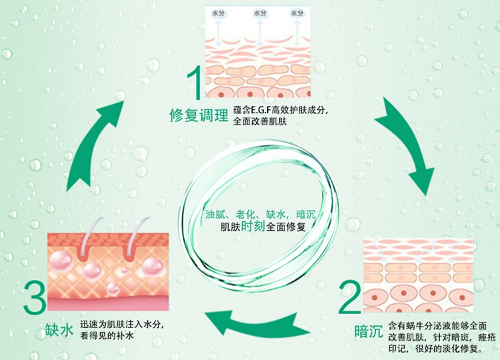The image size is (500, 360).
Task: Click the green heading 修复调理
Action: click(x=199, y=114)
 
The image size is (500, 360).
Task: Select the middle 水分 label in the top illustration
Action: click(x=258, y=14)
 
